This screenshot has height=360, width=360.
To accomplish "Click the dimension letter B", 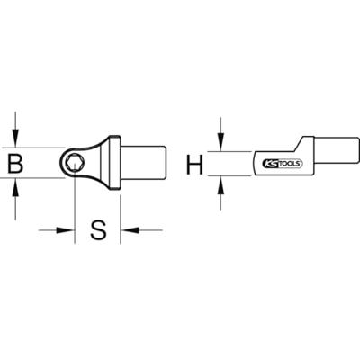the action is (15, 163).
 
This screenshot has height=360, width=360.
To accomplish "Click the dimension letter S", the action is (98, 229).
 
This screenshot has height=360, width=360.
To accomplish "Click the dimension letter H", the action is (194, 165).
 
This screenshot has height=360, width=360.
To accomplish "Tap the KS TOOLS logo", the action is (283, 164).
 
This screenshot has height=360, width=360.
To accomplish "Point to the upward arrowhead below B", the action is (16, 187).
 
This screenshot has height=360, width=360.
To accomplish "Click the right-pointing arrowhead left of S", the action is (65, 230).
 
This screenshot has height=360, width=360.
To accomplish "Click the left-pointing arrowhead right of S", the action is (130, 230).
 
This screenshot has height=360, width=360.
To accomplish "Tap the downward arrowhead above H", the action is (220, 142).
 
